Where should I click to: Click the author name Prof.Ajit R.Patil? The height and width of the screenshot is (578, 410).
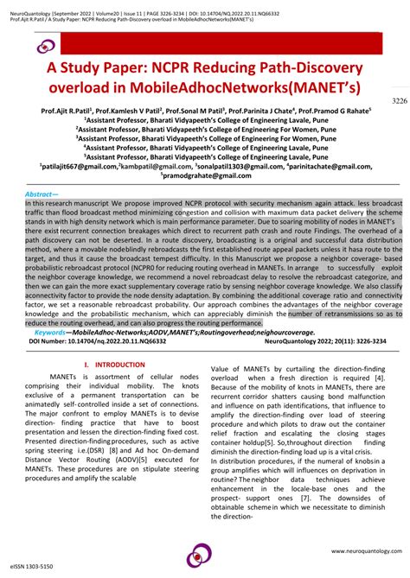pos(70,111)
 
